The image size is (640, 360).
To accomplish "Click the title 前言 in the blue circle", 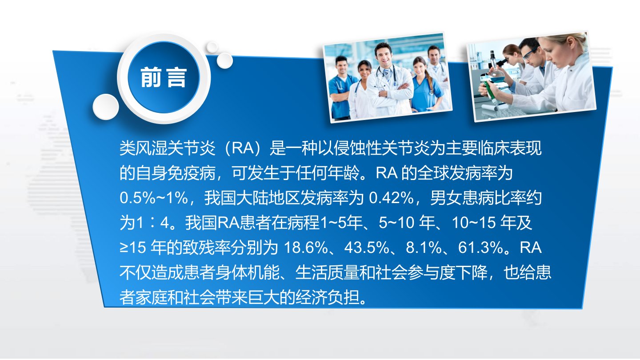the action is pyautogui.click(x=164, y=77).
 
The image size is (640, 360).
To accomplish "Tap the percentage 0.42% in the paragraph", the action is pyautogui.click(x=391, y=198).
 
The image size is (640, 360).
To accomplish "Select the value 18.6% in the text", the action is pyautogui.click(x=306, y=248).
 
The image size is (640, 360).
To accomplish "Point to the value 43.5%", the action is pyautogui.click(x=367, y=248).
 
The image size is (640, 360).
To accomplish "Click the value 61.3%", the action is pyautogui.click(x=480, y=248).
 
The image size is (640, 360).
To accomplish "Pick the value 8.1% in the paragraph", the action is pyautogui.click(x=424, y=248).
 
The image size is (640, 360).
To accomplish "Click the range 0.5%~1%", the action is pyautogui.click(x=154, y=198).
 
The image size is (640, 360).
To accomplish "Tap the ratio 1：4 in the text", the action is pyautogui.click(x=153, y=223).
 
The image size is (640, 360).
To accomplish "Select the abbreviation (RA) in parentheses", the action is pyautogui.click(x=243, y=148).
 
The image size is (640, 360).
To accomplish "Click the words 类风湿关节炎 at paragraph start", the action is pyautogui.click(x=168, y=148).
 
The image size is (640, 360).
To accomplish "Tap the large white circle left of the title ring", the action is pyautogui.click(x=106, y=107).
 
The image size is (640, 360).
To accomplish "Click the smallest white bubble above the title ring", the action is pyautogui.click(x=212, y=47).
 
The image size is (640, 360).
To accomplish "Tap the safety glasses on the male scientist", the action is pyautogui.click(x=530, y=53).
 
